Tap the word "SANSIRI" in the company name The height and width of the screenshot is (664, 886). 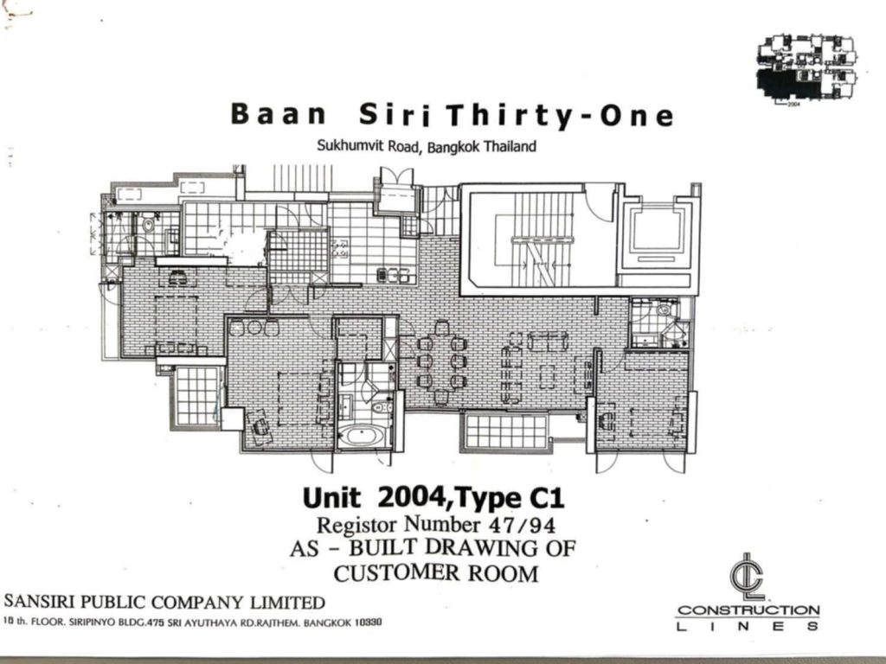40,602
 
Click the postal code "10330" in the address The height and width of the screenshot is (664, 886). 369,622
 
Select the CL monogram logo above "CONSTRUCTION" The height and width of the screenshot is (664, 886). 747,576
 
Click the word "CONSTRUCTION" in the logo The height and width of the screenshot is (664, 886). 748,610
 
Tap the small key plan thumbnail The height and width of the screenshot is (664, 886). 806,68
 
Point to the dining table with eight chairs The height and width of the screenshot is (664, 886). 442,361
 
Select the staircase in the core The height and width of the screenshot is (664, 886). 535,239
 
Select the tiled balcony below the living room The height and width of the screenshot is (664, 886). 505,432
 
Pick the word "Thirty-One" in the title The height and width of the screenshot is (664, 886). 560,115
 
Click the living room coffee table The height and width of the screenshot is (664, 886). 547,377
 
